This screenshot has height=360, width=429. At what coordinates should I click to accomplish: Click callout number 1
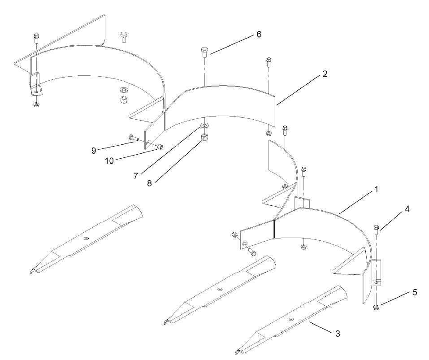pyautogui.click(x=376, y=189)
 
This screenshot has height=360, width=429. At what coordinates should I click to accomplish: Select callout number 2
pyautogui.click(x=325, y=74)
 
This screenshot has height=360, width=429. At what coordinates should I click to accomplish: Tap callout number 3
pyautogui.click(x=338, y=334)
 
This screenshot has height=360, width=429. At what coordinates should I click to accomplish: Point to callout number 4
pyautogui.click(x=407, y=209)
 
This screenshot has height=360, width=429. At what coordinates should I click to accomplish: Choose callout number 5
pyautogui.click(x=415, y=292)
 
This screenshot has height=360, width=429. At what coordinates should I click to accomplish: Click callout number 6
pyautogui.click(x=259, y=35)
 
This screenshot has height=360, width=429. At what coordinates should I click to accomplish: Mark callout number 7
pyautogui.click(x=136, y=176)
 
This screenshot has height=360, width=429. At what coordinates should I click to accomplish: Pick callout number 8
pyautogui.click(x=149, y=183)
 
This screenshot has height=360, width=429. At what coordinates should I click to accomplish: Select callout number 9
pyautogui.click(x=94, y=151)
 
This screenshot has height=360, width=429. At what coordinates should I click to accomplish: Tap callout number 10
pyautogui.click(x=109, y=161)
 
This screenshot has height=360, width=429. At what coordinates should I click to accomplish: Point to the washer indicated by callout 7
pyautogui.click(x=204, y=125)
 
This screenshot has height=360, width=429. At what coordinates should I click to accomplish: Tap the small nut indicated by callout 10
pyautogui.click(x=160, y=147)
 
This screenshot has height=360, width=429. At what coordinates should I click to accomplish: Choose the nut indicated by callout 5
pyautogui.click(x=376, y=307)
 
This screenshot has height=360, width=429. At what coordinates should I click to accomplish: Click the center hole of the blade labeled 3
pyautogui.click(x=291, y=319)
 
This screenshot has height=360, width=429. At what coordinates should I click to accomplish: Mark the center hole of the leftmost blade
pyautogui.click(x=86, y=238)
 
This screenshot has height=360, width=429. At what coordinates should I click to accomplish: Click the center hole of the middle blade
pyautogui.click(x=220, y=289)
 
